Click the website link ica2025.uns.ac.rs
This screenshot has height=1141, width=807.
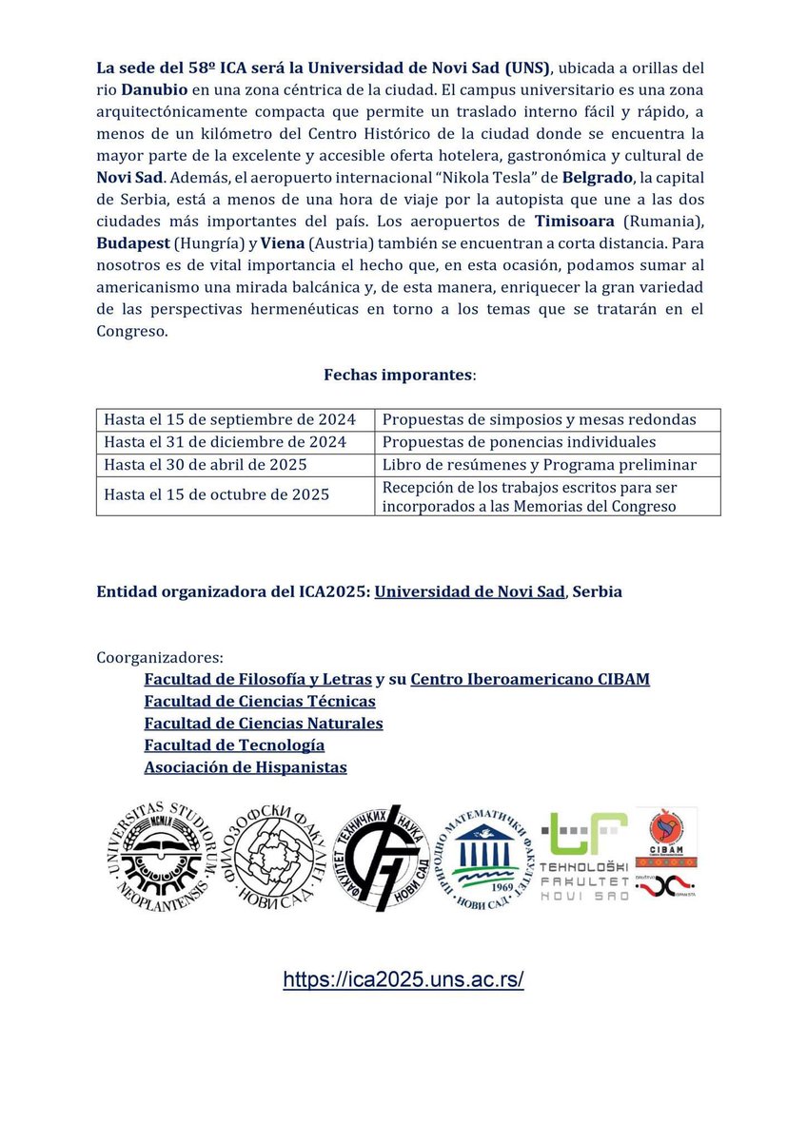(403, 979)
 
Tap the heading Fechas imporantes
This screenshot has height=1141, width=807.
(400, 375)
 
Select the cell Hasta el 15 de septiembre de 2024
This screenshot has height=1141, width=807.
(229, 419)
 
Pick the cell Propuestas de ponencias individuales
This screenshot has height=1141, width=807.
(519, 442)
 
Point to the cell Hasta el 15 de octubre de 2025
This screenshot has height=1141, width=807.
(216, 494)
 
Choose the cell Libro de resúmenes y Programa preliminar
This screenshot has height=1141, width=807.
(539, 465)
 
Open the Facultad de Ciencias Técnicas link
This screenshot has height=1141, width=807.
(260, 701)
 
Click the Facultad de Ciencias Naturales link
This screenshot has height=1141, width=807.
(264, 723)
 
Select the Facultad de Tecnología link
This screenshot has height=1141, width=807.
(234, 745)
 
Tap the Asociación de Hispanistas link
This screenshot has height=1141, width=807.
(246, 766)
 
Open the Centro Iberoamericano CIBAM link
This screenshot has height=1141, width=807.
(530, 679)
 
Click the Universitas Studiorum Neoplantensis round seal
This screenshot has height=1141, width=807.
(154, 857)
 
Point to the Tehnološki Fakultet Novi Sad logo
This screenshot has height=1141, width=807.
(584, 857)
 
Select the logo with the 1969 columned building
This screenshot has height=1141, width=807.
(486, 857)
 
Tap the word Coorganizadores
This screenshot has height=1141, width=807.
(160, 657)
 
